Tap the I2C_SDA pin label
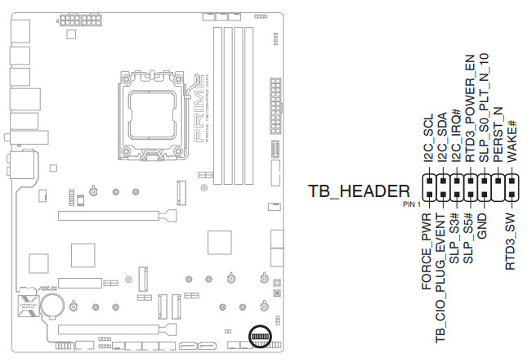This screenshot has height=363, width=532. (441, 141)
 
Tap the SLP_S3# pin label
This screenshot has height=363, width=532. (454, 238)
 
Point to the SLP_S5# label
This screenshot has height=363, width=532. (468, 238)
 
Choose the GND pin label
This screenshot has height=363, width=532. (482, 226)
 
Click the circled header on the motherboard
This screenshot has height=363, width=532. (260, 338)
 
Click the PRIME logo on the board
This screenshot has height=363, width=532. (198, 114)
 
